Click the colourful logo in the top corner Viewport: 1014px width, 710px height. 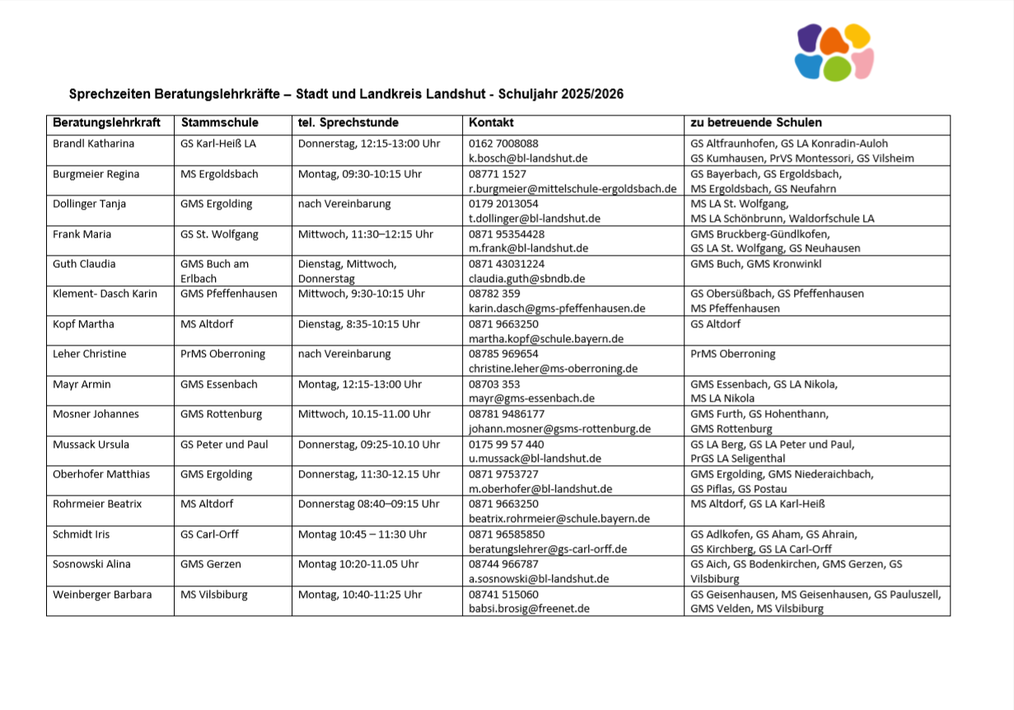(834, 52)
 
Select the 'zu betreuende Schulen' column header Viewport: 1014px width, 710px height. (755, 123)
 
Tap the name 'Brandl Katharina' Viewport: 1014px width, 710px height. (94, 143)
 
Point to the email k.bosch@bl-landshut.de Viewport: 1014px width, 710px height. (528, 158)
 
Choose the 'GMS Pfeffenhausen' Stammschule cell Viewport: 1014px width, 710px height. (229, 294)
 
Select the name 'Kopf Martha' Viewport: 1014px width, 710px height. (84, 324)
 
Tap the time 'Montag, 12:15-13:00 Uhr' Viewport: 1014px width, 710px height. (360, 384)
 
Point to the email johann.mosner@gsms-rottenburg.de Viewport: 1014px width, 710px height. (560, 429)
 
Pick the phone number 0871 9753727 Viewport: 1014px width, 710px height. (504, 474)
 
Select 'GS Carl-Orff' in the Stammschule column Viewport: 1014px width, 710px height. (209, 534)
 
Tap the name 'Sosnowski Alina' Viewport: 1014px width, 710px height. (92, 564)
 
